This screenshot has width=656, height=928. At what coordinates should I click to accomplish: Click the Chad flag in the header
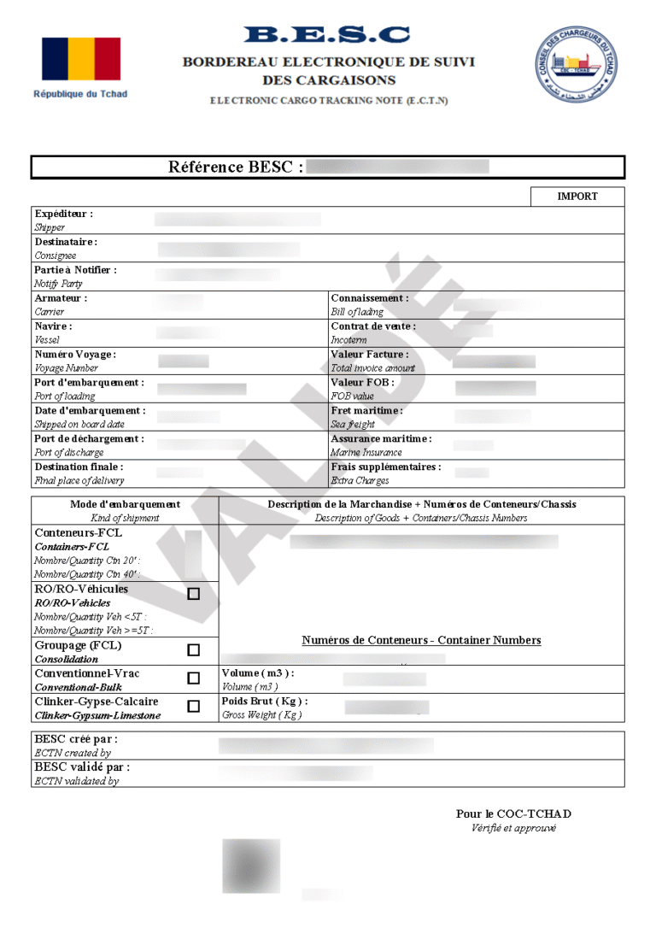pos(81,59)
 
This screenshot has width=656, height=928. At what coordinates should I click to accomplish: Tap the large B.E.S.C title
pos(327,35)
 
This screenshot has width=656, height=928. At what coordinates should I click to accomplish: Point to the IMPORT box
pos(577,197)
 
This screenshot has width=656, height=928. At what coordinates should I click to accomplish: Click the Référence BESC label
pos(236,167)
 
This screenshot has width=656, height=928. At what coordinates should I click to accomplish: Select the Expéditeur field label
pos(64,214)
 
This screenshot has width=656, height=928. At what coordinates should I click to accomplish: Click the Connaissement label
pos(369,298)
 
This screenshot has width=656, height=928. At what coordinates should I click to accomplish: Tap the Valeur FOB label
pos(362,383)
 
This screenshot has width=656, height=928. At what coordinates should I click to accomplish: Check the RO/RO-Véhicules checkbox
pos(194,594)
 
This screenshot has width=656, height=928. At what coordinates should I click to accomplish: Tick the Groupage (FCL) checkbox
pos(194,650)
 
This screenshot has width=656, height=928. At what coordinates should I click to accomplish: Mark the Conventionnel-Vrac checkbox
pos(194,678)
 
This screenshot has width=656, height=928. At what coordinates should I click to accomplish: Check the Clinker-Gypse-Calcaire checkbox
pos(194,707)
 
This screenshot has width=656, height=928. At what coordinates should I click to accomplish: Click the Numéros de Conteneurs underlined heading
pos(421,641)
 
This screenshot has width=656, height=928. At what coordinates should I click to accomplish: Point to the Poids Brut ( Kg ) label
pos(264,702)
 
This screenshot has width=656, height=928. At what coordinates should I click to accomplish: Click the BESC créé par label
pos(76,738)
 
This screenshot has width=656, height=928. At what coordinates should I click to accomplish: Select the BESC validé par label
pos(82,767)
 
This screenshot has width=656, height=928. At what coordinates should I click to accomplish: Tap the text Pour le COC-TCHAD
pos(513,814)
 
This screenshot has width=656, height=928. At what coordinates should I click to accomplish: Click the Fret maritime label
pos(366,411)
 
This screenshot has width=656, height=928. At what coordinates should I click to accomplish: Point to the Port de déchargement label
pos(89,439)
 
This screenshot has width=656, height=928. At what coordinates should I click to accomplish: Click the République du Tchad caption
pos(80,94)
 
